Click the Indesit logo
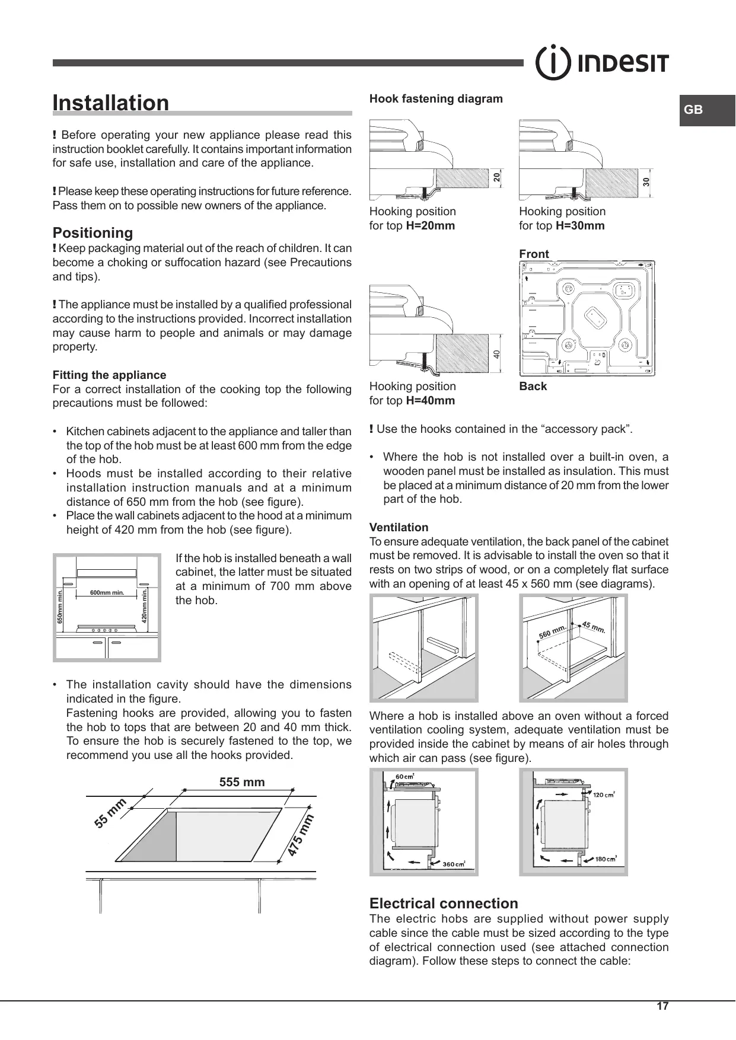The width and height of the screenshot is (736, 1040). coord(602,63)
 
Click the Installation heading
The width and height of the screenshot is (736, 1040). coord(111,103)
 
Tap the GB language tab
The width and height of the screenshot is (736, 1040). coord(693,110)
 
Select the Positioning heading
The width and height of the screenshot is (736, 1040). coord(93,232)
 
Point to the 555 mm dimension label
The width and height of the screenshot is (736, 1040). coord(242,782)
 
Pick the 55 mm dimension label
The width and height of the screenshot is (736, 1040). coord(110,813)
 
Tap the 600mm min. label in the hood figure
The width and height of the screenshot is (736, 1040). coord(107,592)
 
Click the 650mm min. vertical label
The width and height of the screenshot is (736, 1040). coord(59,607)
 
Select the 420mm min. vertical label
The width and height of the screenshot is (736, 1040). coord(144,605)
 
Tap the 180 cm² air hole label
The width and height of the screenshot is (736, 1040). coord(606,859)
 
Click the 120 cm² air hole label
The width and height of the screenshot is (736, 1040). coord(604,795)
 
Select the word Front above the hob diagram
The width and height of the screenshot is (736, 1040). coord(534,254)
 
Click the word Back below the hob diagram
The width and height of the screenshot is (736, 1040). coord(533,386)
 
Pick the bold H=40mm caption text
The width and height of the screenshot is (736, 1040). coord(430,400)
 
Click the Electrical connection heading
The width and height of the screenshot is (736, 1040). coord(444,903)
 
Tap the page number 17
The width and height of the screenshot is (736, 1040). coord(662,1006)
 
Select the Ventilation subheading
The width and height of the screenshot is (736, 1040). coord(399,527)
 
